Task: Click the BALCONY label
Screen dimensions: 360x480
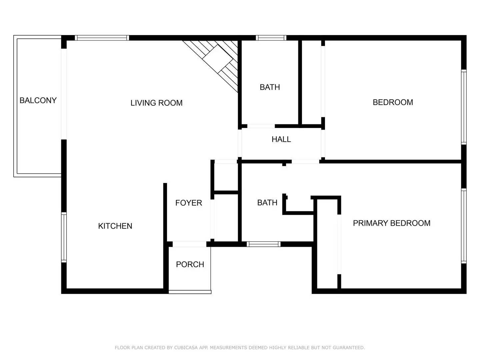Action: (x=38, y=100)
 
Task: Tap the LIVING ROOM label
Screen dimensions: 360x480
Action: (x=156, y=103)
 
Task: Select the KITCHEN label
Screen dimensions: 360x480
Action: (x=115, y=226)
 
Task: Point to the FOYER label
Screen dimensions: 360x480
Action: (x=189, y=203)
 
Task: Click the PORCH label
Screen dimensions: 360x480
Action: (x=190, y=264)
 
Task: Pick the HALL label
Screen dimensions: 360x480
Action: (x=281, y=139)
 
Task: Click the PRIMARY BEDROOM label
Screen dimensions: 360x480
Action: (x=391, y=223)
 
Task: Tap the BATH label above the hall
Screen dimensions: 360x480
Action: (x=270, y=87)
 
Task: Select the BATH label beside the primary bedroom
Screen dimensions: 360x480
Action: (x=267, y=203)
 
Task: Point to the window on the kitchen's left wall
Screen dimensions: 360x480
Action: (x=64, y=237)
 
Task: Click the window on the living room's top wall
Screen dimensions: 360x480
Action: (x=102, y=38)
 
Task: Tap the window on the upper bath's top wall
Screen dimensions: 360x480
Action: (x=271, y=38)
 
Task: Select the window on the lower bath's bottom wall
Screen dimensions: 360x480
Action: (x=263, y=244)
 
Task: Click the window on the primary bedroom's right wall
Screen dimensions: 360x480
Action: (x=463, y=226)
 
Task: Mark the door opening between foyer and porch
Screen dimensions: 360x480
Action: (x=189, y=244)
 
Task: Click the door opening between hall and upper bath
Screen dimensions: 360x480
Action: (x=261, y=126)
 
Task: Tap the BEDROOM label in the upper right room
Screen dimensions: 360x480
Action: (x=393, y=102)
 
